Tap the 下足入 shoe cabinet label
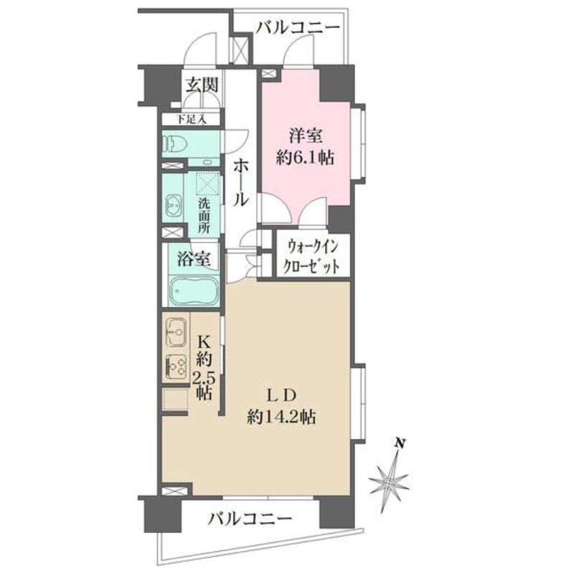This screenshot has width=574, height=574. pyautogui.click(x=192, y=119)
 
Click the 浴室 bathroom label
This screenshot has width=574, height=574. pyautogui.click(x=194, y=258)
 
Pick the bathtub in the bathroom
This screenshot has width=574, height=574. pyautogui.click(x=192, y=291)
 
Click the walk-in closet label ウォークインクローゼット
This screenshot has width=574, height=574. pyautogui.click(x=306, y=255)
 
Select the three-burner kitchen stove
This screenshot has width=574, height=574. pyautogui.click(x=176, y=368)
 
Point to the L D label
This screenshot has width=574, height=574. pyautogui.click(x=281, y=394)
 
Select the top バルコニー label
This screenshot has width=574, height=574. pyautogui.click(x=297, y=29)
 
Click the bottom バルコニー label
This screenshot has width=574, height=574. pyautogui.click(x=250, y=518)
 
